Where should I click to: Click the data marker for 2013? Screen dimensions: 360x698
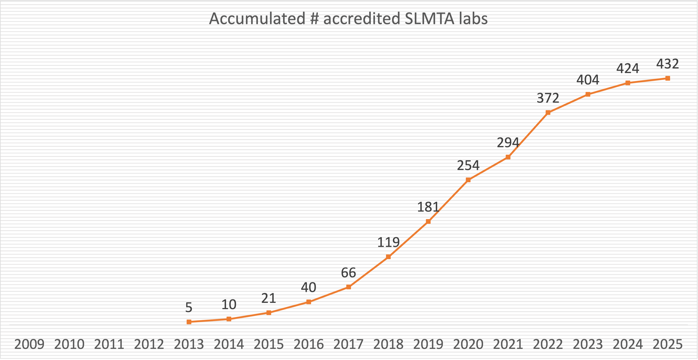click(189, 322)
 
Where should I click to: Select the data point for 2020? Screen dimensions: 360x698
click(468, 180)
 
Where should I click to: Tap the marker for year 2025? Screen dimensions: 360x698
click(668, 78)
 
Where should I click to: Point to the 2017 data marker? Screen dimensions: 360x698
click(349, 287)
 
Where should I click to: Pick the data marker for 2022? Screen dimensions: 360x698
click(548, 113)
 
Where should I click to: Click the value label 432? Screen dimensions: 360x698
click(667, 64)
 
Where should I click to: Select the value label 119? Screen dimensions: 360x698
click(388, 242)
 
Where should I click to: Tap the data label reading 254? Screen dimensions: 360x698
click(468, 165)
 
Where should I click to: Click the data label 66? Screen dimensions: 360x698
click(349, 273)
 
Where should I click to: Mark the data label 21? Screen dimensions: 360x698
click(269, 298)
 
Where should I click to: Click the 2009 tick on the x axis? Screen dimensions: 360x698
click(29, 345)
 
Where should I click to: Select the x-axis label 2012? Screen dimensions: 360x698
click(149, 345)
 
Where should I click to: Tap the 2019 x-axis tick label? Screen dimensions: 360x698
click(428, 345)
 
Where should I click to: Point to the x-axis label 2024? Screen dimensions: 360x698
click(628, 345)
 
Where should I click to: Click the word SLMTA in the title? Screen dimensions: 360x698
click(429, 19)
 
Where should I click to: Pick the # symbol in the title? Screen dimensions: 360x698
click(315, 19)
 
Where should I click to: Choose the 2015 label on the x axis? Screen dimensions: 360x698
click(269, 345)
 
